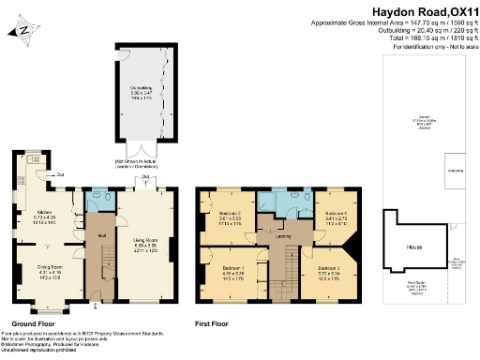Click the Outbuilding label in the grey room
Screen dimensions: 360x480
[142, 92]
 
